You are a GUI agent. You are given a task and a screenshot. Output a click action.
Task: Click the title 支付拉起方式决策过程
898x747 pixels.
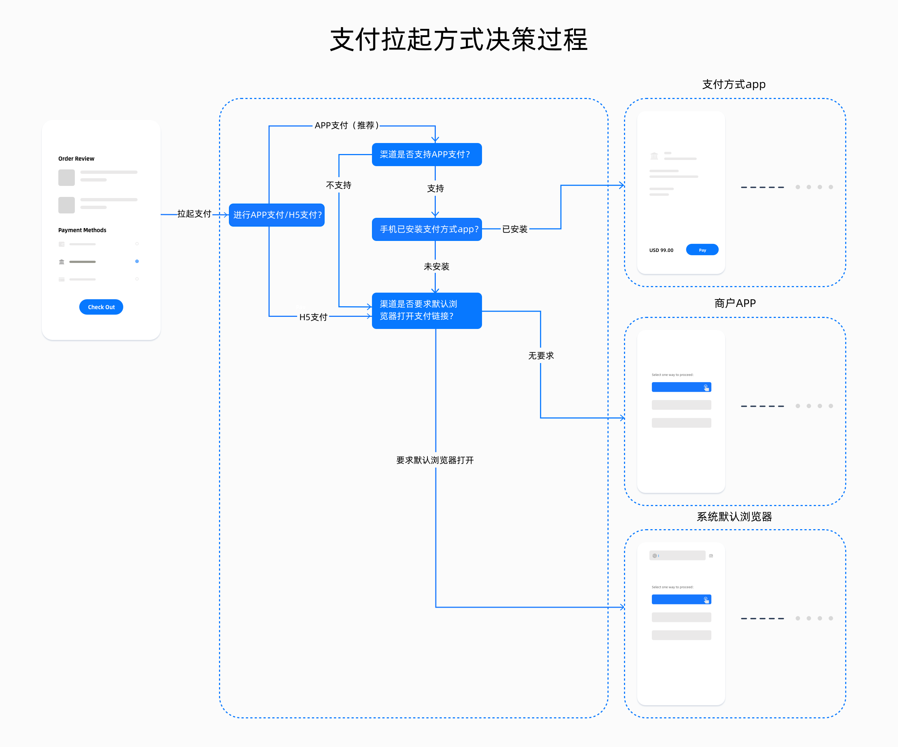[459, 40]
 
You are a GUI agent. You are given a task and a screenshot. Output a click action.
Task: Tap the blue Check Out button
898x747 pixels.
[101, 307]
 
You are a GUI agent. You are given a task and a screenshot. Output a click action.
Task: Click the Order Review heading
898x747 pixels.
[76, 159]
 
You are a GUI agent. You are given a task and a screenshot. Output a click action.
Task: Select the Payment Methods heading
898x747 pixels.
[82, 230]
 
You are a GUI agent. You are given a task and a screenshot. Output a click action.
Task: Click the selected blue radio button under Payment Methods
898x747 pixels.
[137, 261]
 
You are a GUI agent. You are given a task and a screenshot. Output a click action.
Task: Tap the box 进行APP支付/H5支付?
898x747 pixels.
[277, 215]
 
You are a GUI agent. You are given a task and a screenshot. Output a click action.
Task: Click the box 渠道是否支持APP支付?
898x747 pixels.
[426, 154]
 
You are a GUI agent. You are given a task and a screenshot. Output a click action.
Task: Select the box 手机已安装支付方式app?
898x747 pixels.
[426, 229]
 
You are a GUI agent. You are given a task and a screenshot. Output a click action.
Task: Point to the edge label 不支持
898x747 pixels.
[338, 185]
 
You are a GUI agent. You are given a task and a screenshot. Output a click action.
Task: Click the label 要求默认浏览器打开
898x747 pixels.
[435, 460]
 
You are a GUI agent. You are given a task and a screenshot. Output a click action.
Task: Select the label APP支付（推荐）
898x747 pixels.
[346, 125]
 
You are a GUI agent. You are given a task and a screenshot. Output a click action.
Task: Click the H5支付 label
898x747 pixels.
[313, 317]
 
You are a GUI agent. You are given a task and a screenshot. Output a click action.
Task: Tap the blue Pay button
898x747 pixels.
[702, 250]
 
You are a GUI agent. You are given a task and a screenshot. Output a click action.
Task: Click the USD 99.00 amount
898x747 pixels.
[661, 250]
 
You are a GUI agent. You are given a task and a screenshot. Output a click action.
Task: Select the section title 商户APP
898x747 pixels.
[735, 303]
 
